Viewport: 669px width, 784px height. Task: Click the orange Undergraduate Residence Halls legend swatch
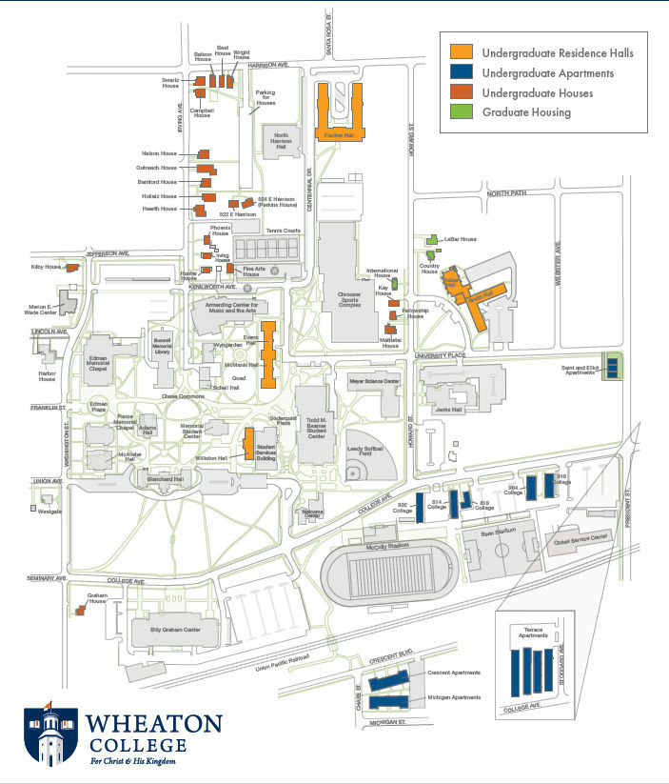coord(462,52)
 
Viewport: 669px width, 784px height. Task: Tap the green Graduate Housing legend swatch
coord(462,112)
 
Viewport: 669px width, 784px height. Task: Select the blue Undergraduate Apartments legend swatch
coord(462,72)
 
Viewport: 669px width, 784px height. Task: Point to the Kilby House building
coord(70,269)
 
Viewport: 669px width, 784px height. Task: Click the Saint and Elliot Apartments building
coord(613,365)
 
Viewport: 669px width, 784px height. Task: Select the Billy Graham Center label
coord(175,630)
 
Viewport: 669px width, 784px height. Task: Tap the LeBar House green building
coord(431,239)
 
